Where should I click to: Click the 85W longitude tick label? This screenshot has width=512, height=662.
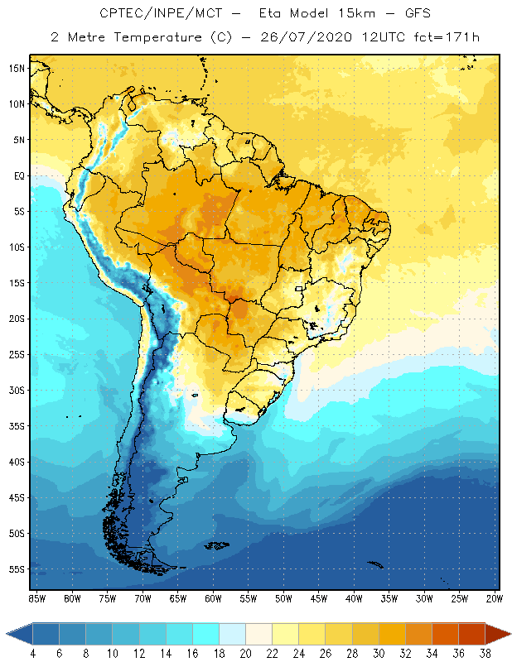pyautogui.click(x=36, y=598)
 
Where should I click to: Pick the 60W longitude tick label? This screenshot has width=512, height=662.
pyautogui.click(x=213, y=598)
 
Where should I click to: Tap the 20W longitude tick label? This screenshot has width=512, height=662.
pyautogui.click(x=495, y=598)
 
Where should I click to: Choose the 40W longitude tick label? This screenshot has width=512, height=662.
pyautogui.click(x=354, y=598)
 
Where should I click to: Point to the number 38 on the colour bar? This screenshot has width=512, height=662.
pyautogui.click(x=485, y=654)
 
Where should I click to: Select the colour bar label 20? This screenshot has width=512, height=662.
pyautogui.click(x=246, y=654)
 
